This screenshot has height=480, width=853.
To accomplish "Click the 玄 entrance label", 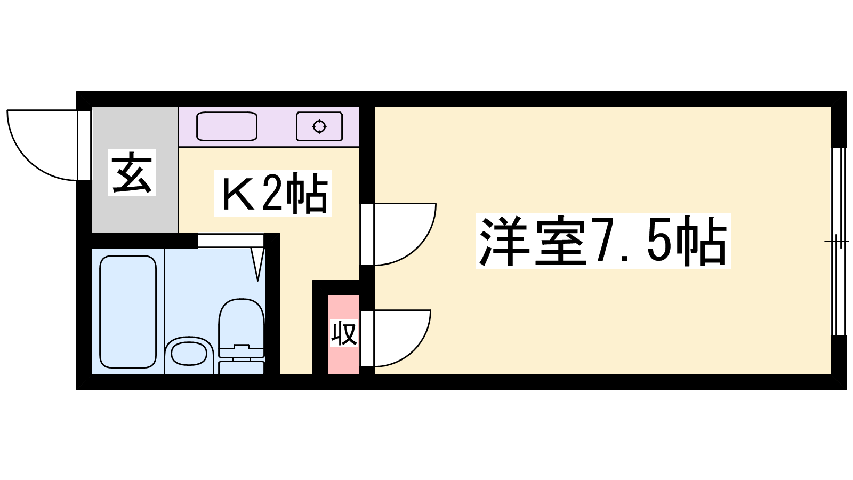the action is tap(132, 172).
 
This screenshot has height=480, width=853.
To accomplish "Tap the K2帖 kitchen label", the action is tap(272, 193).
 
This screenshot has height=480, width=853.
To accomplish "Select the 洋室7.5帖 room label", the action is tap(603, 241).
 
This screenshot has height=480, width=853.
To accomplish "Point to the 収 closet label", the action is tap(344, 333).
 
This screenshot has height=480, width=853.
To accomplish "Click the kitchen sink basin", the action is tap(227, 126).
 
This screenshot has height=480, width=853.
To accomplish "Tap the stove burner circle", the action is tap(319, 126).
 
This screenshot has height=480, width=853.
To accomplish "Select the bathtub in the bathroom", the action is tap(128, 311).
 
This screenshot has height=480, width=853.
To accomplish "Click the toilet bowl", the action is tap(241, 327).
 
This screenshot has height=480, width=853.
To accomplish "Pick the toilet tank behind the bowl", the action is tap(242, 367).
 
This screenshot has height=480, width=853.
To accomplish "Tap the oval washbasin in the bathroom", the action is tap(189, 354).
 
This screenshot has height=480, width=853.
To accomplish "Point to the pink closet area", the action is tap(343, 334).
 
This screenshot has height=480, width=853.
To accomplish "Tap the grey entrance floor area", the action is tap(135, 170).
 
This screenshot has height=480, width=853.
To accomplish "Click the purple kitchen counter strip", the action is tap(269, 126).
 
